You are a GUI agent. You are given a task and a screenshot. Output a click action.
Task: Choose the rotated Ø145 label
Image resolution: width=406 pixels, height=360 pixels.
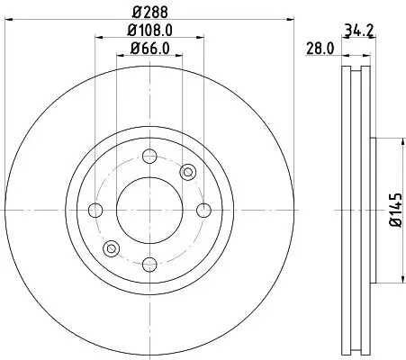click(393, 211)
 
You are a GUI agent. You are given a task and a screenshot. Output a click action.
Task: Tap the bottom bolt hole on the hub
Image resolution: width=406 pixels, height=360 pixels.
click(149, 264)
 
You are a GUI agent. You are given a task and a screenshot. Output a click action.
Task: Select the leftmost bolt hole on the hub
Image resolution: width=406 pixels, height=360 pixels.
click(96, 211)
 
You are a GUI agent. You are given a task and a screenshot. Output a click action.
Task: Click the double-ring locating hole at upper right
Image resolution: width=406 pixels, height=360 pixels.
click(187, 173)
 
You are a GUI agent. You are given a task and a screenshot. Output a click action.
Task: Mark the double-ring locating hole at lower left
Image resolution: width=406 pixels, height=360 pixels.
click(112, 248)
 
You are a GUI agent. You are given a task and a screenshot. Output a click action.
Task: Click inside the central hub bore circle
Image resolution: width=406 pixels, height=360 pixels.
click(149, 211)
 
